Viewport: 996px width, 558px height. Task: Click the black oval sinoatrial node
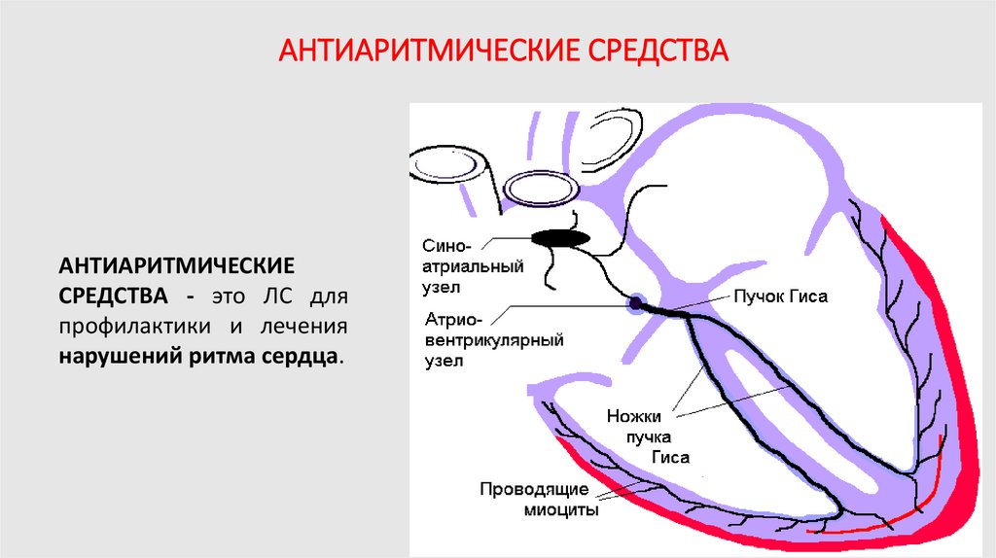point(559,237)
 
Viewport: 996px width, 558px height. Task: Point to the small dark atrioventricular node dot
point(634,304)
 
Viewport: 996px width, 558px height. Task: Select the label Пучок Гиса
point(779,297)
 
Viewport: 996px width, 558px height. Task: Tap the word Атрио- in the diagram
point(450,319)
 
